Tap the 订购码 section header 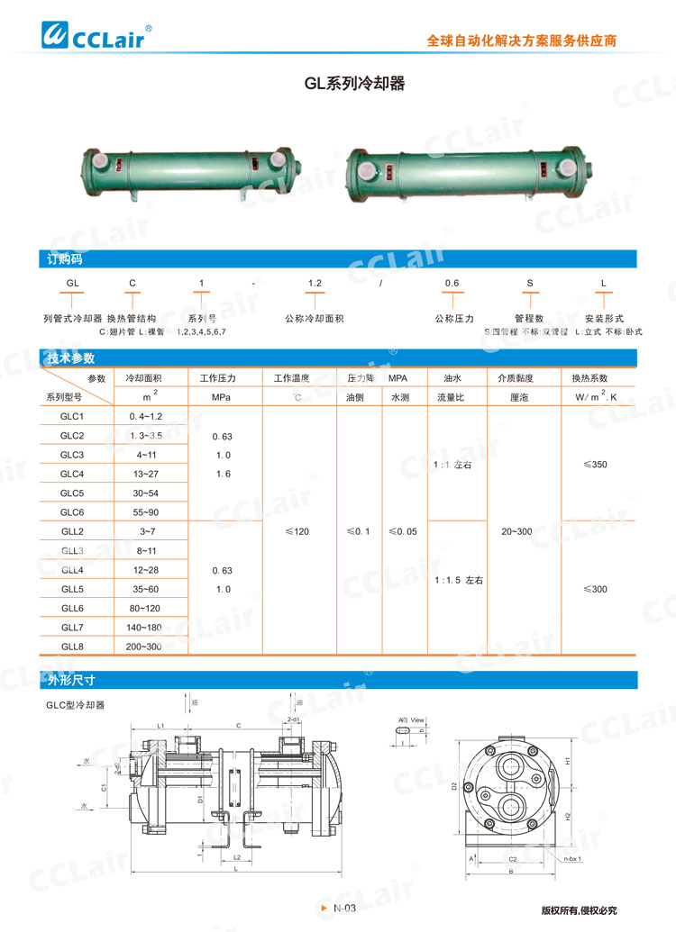[65, 259]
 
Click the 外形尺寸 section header [71, 679]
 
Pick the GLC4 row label [72, 474]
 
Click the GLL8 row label [72, 646]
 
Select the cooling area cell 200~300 [144, 646]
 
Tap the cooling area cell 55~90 [144, 511]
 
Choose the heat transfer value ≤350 [596, 465]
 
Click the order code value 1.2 [315, 283]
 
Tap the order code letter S [530, 283]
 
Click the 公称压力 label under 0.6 [454, 319]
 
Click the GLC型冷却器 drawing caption [77, 705]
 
